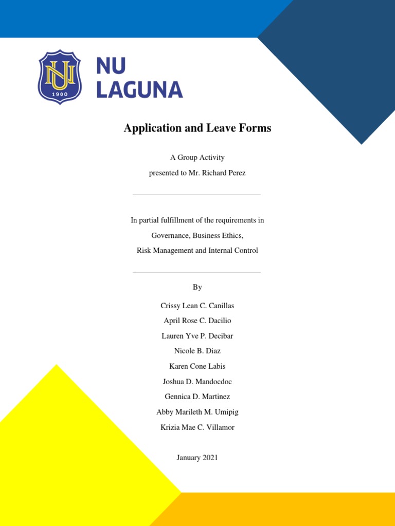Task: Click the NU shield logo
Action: point(60,77)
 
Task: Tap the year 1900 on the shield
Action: point(60,94)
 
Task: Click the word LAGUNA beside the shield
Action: point(139,89)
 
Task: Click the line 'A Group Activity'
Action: point(197,158)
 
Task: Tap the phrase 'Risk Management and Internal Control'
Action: point(197,251)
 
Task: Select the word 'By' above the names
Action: point(197,287)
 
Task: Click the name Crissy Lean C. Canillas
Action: point(197,306)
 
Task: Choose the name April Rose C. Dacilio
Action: point(197,321)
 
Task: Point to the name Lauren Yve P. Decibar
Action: point(197,336)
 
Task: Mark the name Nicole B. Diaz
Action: point(197,351)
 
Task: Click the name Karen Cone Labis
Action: point(197,366)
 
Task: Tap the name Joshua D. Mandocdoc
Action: point(197,382)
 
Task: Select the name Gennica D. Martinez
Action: point(197,397)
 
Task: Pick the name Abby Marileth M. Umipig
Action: point(197,412)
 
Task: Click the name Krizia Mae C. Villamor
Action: point(197,427)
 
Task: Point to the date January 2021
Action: point(197,458)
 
